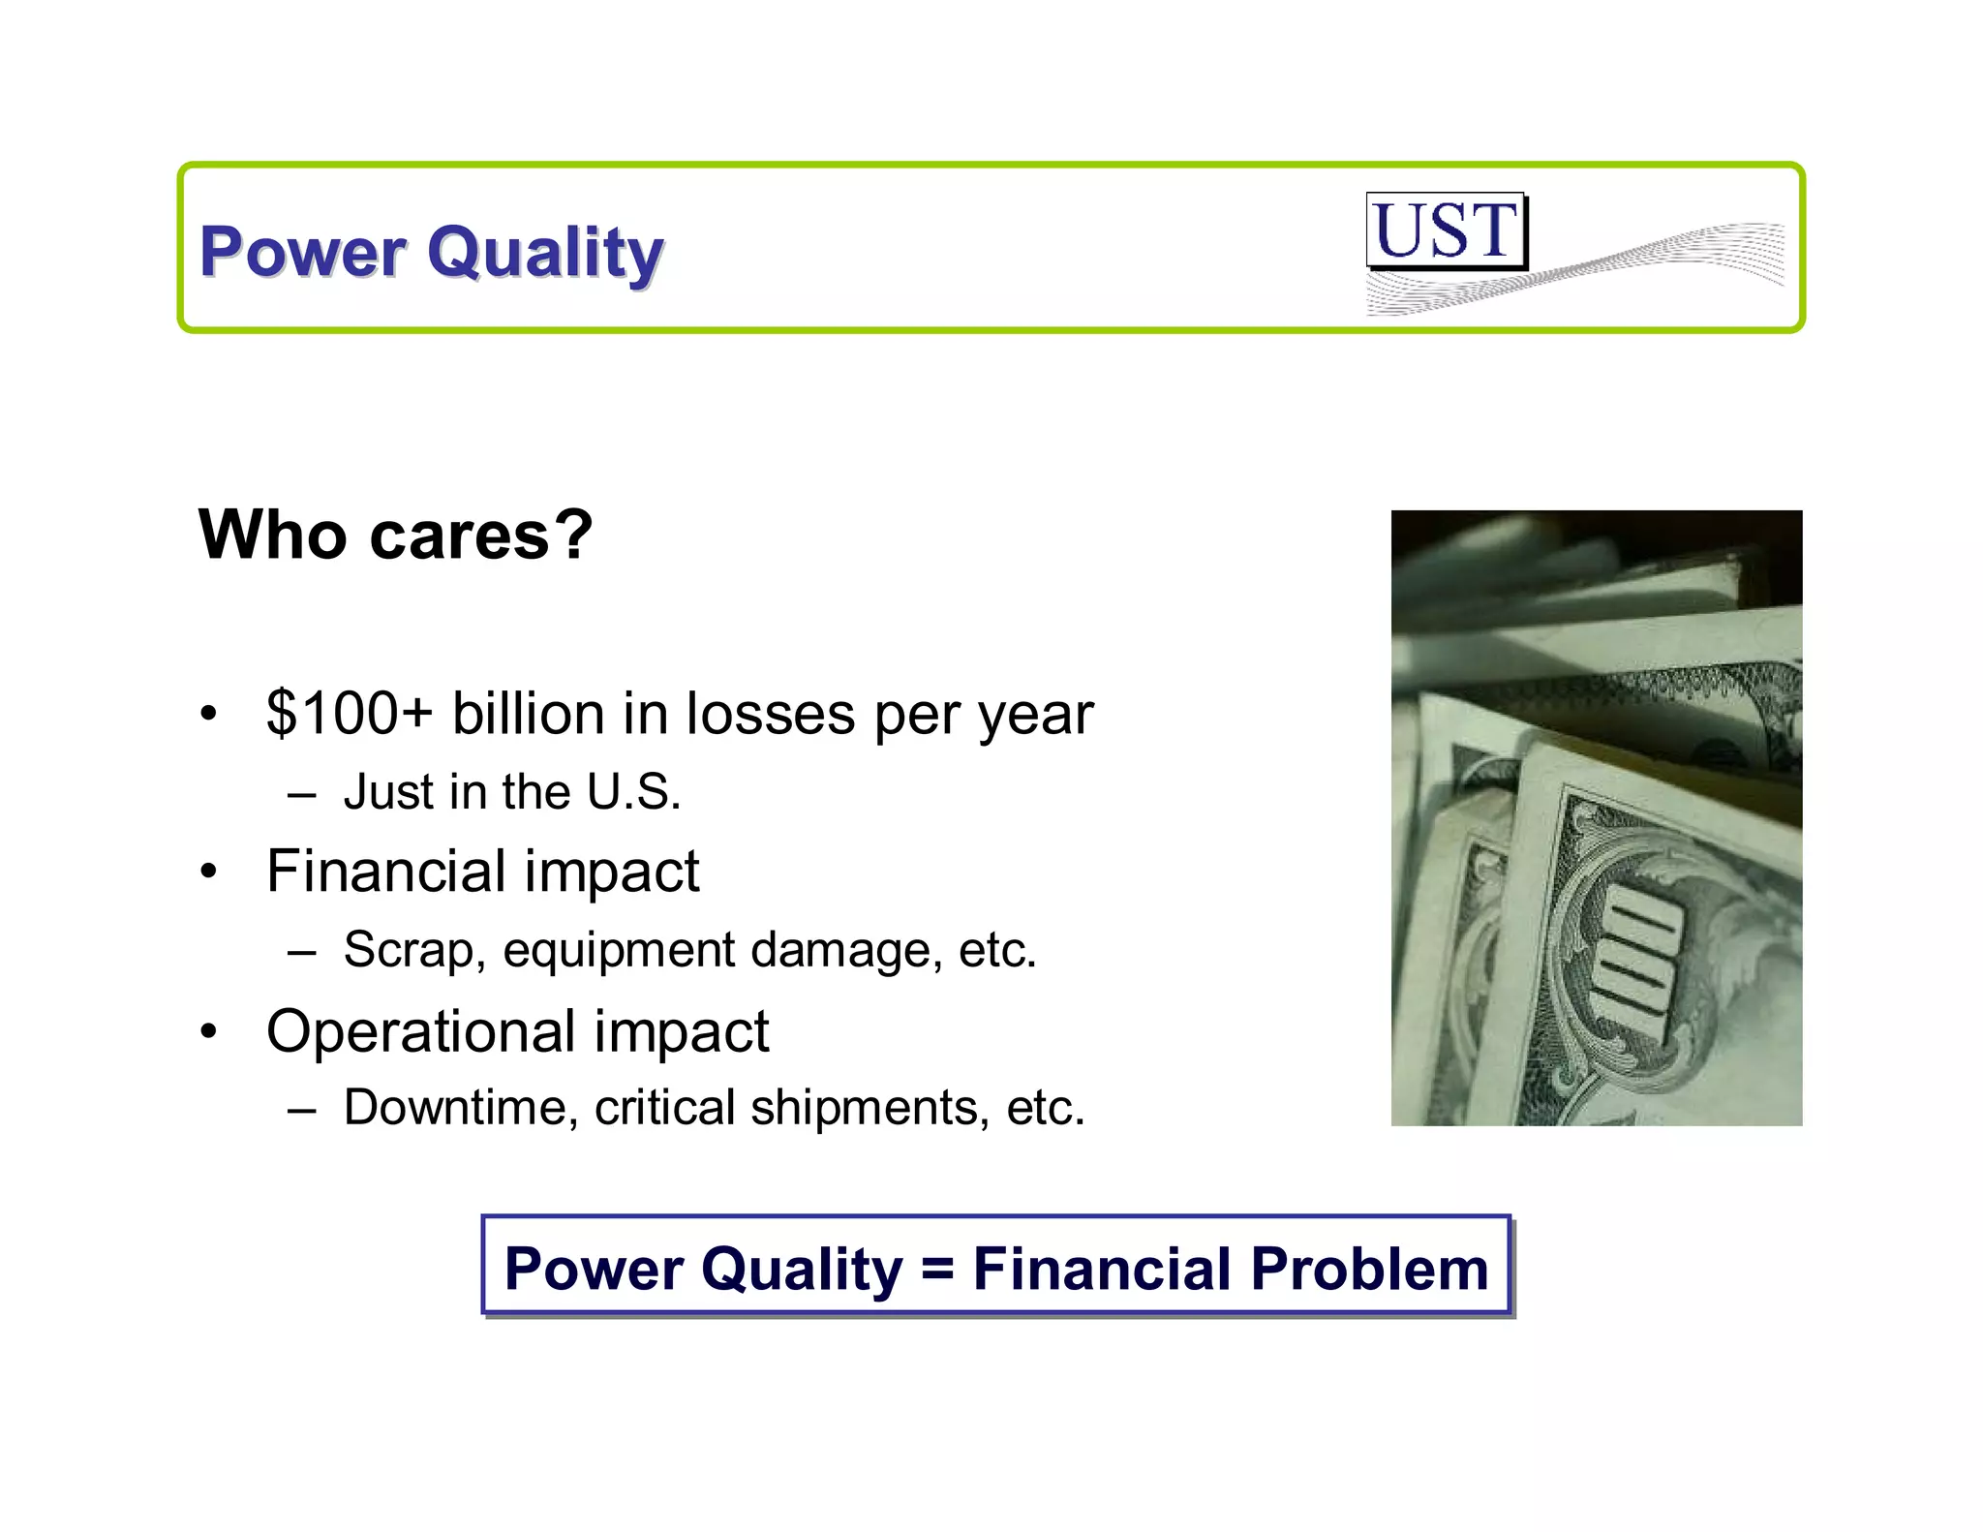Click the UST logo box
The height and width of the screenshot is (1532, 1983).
tap(1446, 230)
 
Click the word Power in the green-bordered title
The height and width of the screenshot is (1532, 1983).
tap(302, 252)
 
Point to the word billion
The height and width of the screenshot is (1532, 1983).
tap(528, 714)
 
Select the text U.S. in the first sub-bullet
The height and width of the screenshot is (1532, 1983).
tap(633, 792)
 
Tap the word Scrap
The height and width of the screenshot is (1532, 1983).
tap(408, 950)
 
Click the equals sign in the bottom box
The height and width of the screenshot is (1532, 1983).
tap(937, 1269)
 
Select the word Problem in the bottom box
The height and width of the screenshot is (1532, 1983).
tap(1369, 1269)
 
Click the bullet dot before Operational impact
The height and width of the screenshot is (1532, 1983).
tap(208, 1031)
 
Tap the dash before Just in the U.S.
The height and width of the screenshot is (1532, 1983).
tap(302, 794)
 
